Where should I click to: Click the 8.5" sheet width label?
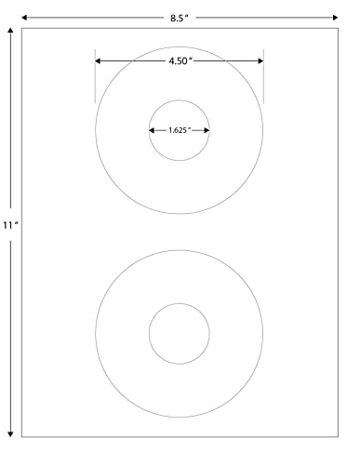point(180,16)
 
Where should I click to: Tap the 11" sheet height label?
point(9,225)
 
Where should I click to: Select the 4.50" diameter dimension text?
point(179,60)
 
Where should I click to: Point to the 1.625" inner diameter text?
point(179,130)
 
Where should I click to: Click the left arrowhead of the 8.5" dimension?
point(25,17)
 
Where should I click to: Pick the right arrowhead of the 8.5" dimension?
point(334,17)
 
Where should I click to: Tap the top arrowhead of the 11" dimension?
point(10,32)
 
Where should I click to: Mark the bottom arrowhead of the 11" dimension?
point(10,432)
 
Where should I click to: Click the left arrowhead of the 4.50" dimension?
point(99,61)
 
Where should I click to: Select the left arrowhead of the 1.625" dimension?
point(153,130)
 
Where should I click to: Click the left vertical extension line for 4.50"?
point(95,79)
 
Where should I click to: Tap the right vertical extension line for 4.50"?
point(263,79)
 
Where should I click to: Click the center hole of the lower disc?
point(179,333)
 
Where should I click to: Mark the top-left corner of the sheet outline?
point(22,28)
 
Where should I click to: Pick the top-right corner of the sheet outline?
point(337,28)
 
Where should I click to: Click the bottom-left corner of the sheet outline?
point(22,435)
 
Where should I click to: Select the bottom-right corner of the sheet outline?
point(337,435)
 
